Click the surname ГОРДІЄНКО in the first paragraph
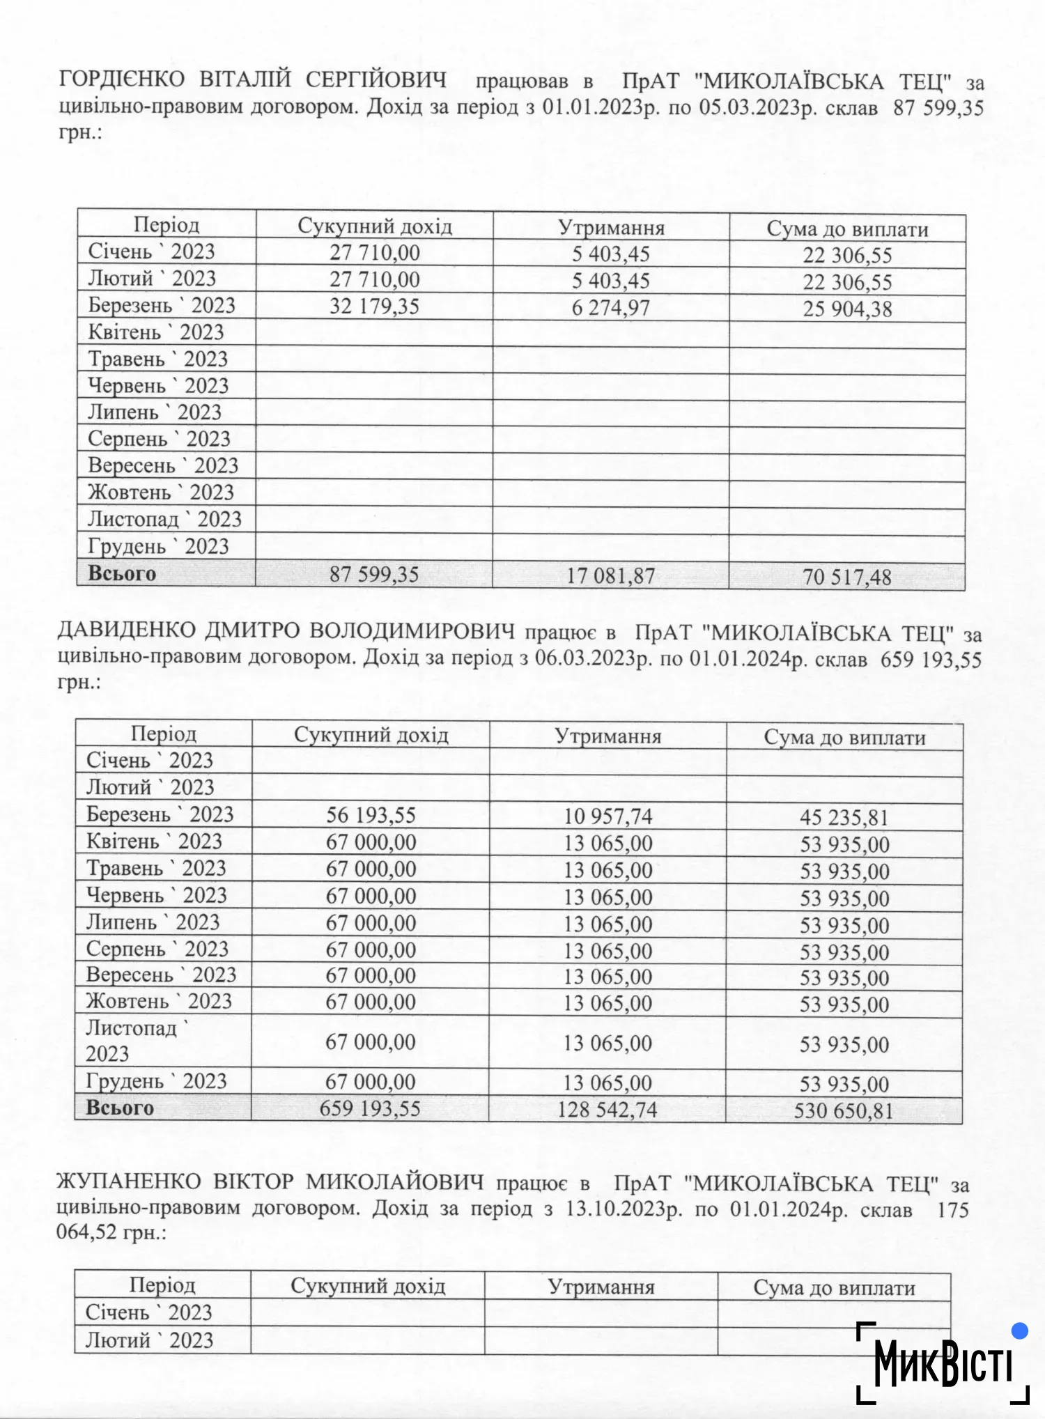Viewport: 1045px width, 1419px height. click(x=122, y=79)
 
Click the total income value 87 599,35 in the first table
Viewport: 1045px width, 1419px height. click(x=374, y=575)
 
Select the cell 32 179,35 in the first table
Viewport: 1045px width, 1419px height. click(x=374, y=307)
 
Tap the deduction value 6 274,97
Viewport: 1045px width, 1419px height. click(x=610, y=308)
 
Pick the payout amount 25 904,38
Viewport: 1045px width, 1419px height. click(x=847, y=309)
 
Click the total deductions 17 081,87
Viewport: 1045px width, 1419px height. click(x=610, y=576)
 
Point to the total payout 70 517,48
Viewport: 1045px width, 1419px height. click(x=846, y=577)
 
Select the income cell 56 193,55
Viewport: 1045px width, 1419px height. click(x=371, y=815)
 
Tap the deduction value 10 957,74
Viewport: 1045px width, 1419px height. click(x=607, y=816)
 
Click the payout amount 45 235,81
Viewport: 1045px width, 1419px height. click(x=844, y=818)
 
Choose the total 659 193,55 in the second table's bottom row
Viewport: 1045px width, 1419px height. click(x=370, y=1108)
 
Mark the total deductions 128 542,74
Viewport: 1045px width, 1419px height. click(x=607, y=1110)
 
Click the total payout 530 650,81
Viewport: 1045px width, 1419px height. click(x=844, y=1111)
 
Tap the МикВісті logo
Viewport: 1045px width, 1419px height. click(x=943, y=1363)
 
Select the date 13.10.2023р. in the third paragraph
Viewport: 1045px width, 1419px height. click(x=624, y=1208)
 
